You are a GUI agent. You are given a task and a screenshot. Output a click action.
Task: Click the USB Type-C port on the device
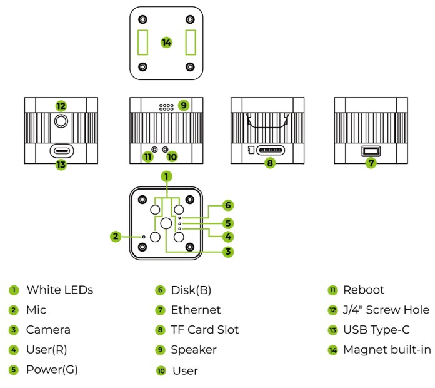tap(61, 151)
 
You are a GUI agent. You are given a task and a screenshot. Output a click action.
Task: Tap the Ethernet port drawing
tap(371, 151)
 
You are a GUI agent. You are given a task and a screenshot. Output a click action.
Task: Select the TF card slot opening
tap(270, 151)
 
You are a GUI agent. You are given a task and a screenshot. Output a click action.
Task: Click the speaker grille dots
tap(166, 107)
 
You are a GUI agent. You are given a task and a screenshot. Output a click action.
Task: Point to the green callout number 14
tap(166, 43)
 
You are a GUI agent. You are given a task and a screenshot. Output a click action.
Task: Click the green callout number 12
tap(61, 106)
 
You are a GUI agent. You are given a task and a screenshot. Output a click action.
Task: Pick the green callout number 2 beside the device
tap(116, 237)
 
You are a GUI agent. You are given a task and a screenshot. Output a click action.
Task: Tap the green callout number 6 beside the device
tap(229, 205)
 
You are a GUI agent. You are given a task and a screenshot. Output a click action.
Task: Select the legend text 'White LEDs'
tap(59, 290)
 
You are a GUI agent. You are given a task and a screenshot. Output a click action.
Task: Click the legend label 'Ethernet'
tap(196, 310)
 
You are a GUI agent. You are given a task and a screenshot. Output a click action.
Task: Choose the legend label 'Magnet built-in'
tap(387, 349)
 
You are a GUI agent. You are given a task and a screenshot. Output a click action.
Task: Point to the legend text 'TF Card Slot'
tap(205, 330)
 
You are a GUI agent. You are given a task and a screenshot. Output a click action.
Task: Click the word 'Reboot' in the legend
tap(364, 290)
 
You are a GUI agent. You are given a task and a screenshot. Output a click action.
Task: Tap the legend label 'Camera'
tap(48, 330)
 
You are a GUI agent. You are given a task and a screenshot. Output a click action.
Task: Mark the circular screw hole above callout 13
tap(61, 122)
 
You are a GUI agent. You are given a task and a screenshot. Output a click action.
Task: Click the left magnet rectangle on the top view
tap(143, 43)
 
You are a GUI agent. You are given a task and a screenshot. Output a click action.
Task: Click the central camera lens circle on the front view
tap(166, 223)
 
